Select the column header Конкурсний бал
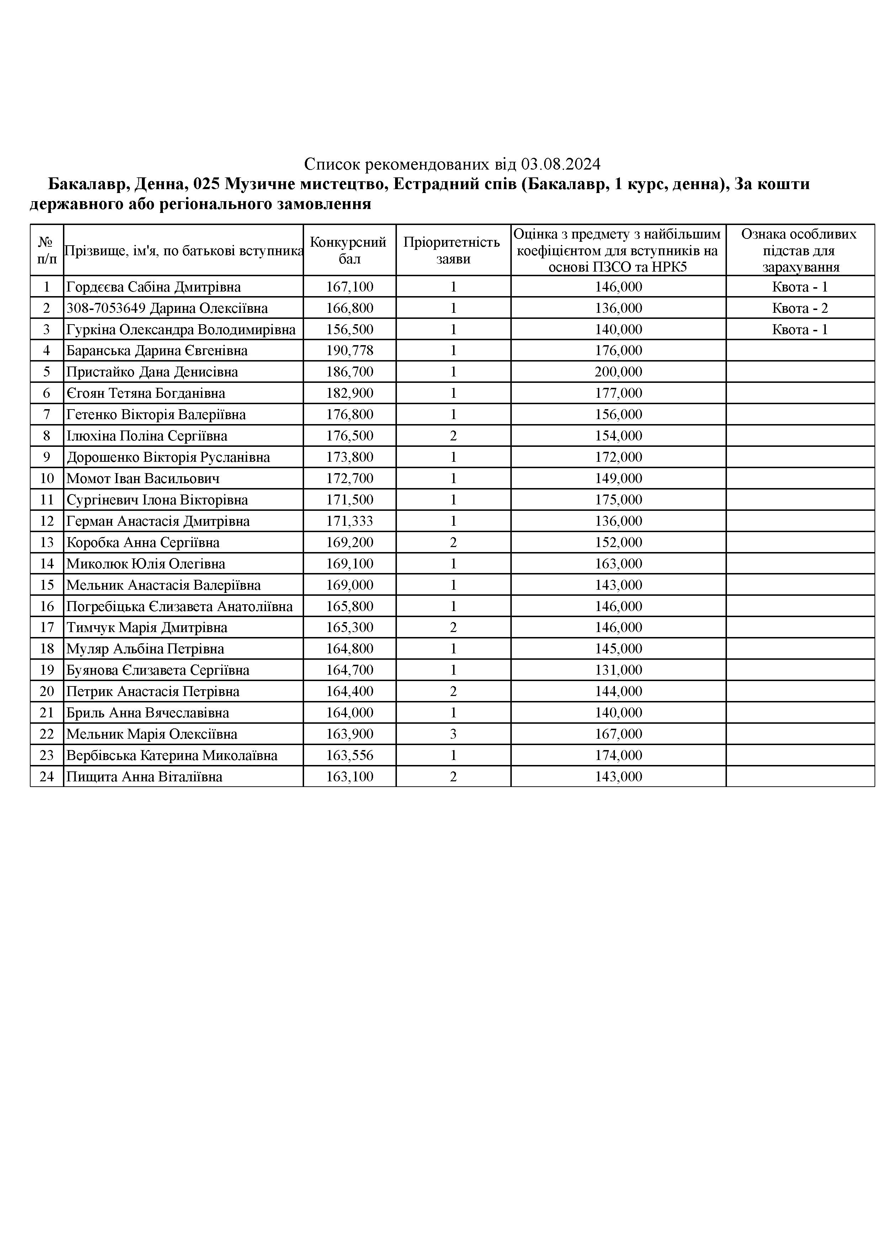click(349, 250)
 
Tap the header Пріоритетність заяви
click(453, 250)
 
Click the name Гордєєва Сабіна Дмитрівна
click(153, 287)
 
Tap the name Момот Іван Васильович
click(143, 478)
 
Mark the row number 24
click(47, 777)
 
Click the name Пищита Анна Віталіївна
click(144, 777)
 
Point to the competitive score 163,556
click(350, 755)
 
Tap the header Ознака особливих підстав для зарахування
click(799, 250)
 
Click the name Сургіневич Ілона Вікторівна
click(157, 500)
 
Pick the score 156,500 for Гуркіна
click(350, 330)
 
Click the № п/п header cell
click(47, 250)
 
